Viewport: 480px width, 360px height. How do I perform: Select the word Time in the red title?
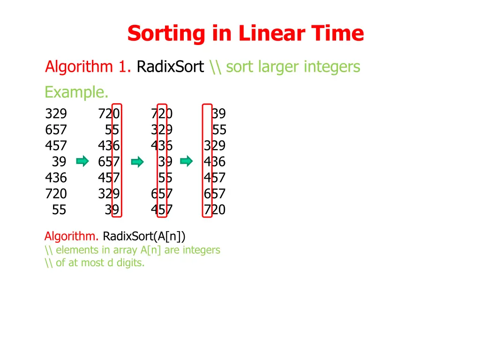coord(338,34)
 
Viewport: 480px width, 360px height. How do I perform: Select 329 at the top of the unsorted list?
coord(56,114)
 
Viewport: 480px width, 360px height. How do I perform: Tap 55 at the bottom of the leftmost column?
coord(59,210)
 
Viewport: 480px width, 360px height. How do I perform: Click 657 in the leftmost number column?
coord(56,130)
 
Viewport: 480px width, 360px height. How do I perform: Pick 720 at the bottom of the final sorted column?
coord(215,210)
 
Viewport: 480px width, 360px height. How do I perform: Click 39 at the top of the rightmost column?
coord(218,114)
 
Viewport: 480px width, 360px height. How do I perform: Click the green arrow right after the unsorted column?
coord(82,162)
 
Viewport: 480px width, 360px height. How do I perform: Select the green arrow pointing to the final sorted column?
coord(187,162)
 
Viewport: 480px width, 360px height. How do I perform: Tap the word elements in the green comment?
coord(76,250)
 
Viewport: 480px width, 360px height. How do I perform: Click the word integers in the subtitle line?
coord(332,67)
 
